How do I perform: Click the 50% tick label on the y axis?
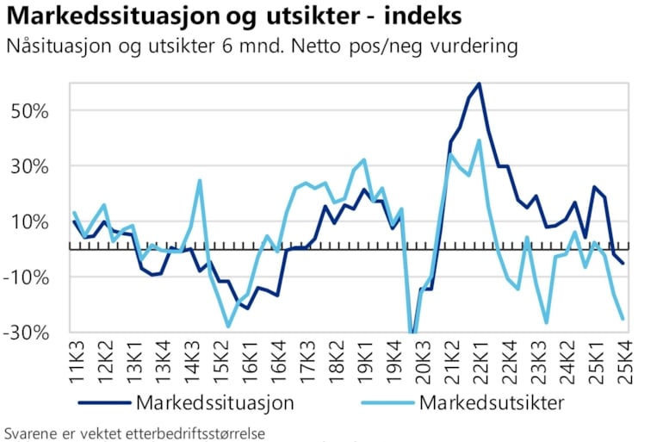pyautogui.click(x=33, y=111)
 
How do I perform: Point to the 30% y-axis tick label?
pyautogui.click(x=33, y=166)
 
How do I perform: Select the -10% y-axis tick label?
pyautogui.click(x=28, y=277)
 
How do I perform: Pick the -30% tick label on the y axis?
pyautogui.click(x=28, y=333)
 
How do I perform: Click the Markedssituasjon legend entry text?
pyautogui.click(x=214, y=402)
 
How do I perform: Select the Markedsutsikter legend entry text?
pyautogui.click(x=491, y=402)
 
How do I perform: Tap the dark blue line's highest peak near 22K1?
pyautogui.click(x=479, y=84)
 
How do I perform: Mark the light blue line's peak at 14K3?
pyautogui.click(x=200, y=180)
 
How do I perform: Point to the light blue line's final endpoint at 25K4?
pyautogui.click(x=623, y=319)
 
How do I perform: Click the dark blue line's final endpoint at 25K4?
pyautogui.click(x=623, y=263)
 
